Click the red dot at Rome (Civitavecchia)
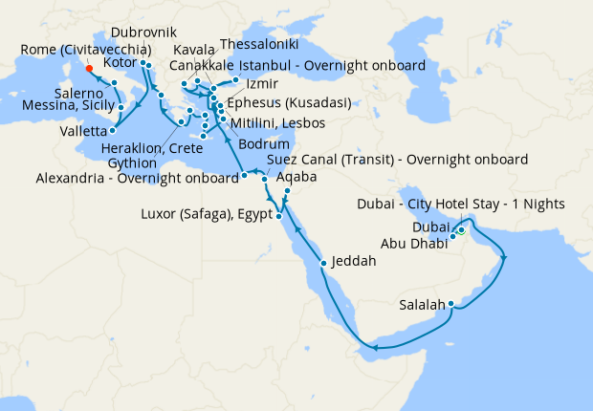pos(88,68)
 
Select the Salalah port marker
pos(450,305)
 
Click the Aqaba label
pos(296,177)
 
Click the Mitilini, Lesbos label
pos(277,123)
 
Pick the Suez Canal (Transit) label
pos(399,159)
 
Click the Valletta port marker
pos(114,130)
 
